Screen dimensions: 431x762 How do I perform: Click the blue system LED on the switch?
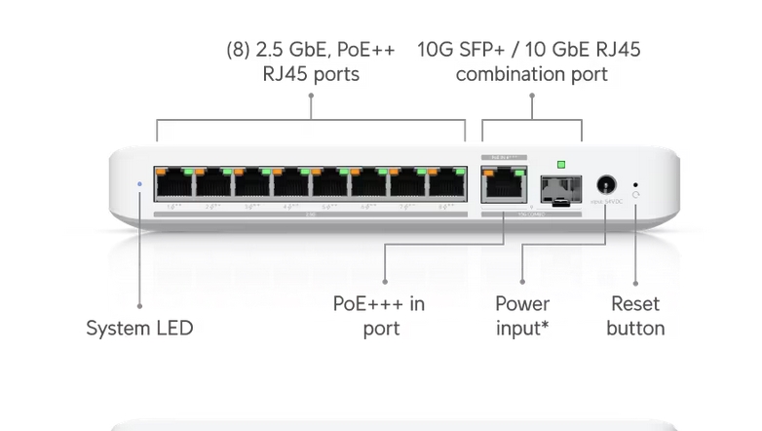click(x=139, y=183)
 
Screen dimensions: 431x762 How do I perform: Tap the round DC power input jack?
click(x=606, y=184)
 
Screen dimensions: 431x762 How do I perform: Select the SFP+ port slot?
click(x=560, y=188)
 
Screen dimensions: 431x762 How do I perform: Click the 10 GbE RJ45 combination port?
click(x=502, y=184)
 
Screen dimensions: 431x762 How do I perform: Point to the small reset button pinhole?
click(x=636, y=183)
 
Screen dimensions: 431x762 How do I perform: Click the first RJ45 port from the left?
click(x=174, y=183)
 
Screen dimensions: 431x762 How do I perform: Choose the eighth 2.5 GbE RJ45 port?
click(x=447, y=183)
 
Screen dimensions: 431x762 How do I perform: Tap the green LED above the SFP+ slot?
click(x=560, y=165)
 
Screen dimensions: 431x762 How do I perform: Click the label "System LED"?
click(x=139, y=329)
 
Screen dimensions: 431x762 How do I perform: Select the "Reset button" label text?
click(x=635, y=316)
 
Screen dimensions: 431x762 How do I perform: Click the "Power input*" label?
click(x=522, y=316)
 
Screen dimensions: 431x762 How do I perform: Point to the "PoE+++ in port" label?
click(x=380, y=316)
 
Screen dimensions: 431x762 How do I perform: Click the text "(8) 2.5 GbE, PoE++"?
click(x=311, y=50)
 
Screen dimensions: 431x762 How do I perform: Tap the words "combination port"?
click(x=531, y=75)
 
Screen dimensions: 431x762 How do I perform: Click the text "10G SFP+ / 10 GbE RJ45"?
click(x=529, y=50)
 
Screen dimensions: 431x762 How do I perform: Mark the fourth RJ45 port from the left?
click(x=291, y=183)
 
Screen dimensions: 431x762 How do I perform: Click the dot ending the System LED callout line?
click(x=139, y=306)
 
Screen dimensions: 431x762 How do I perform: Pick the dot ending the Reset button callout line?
click(x=635, y=285)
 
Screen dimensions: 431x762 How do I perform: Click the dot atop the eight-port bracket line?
click(x=311, y=96)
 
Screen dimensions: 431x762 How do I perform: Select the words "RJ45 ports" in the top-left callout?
click(x=311, y=75)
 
